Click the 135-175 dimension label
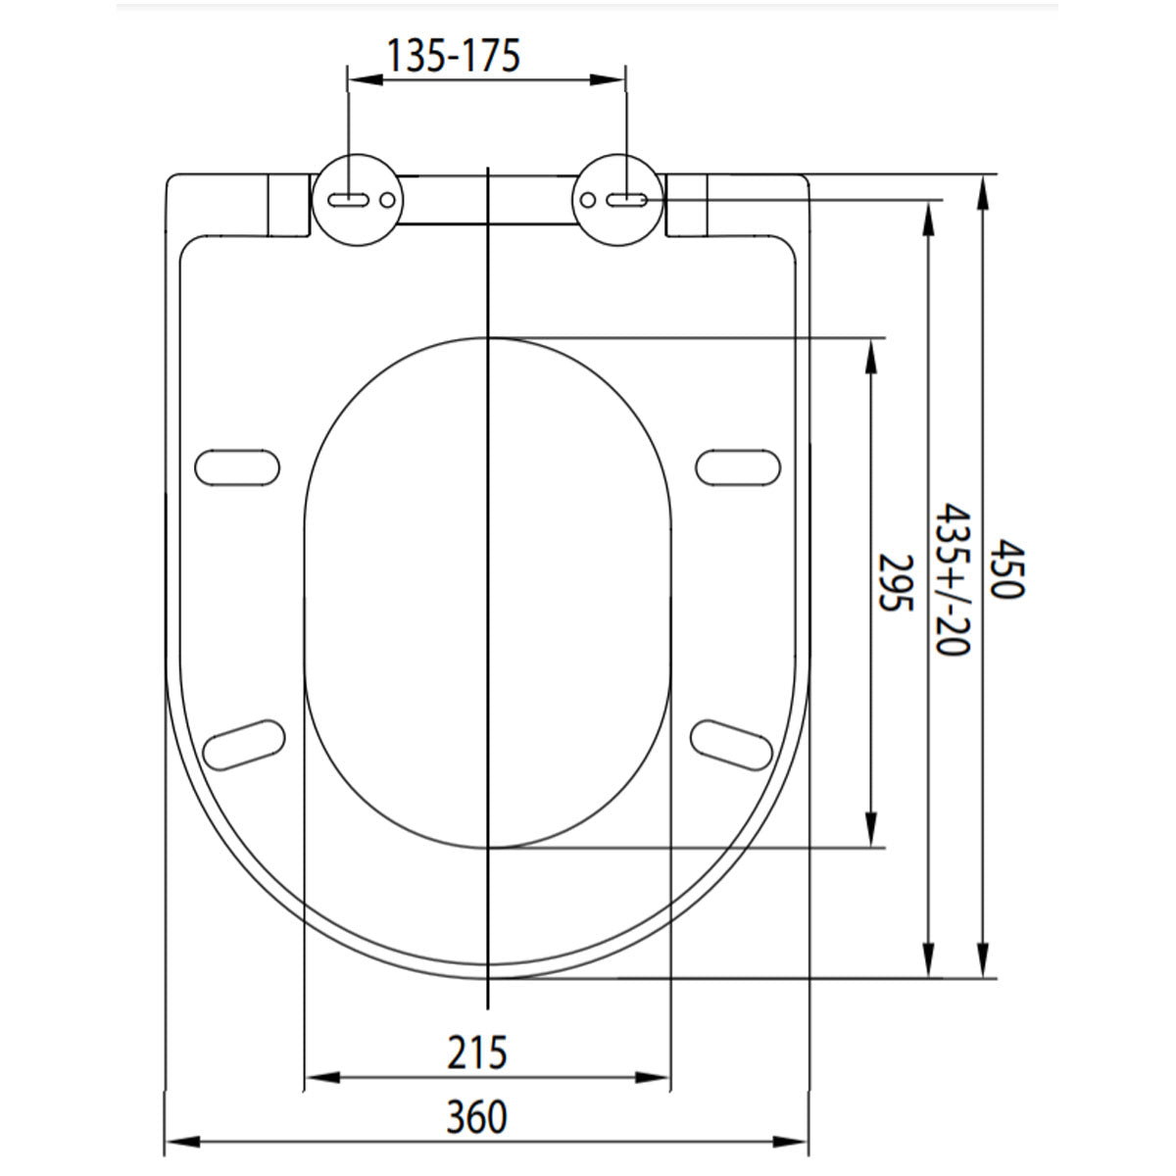pos(452,56)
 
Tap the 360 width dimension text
pos(477,1116)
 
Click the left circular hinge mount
pos(356,199)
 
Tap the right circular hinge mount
pos(619,199)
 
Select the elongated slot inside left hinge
pos(348,200)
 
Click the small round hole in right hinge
pos(588,200)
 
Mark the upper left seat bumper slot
pos(238,466)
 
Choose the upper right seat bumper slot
pos(740,466)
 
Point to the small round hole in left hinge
pos(388,200)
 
